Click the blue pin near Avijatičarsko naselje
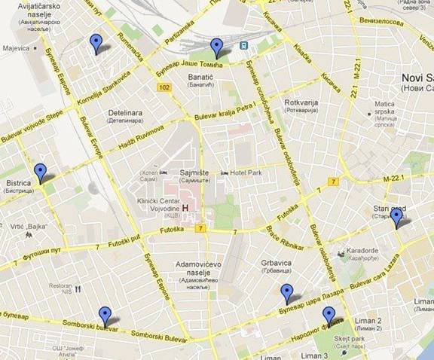coord(95,43)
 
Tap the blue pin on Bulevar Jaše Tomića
coord(217,47)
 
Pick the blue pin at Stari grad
coord(396,216)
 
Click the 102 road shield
coord(164,89)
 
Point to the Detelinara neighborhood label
coord(124,113)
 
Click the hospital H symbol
coord(185,188)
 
